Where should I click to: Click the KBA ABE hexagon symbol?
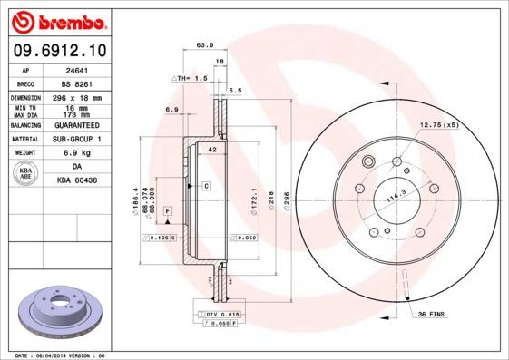(26, 174)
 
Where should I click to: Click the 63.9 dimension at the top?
(206, 44)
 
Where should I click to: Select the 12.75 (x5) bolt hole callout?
(438, 124)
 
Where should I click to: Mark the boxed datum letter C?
(206, 185)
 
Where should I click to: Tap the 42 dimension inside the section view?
(211, 148)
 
